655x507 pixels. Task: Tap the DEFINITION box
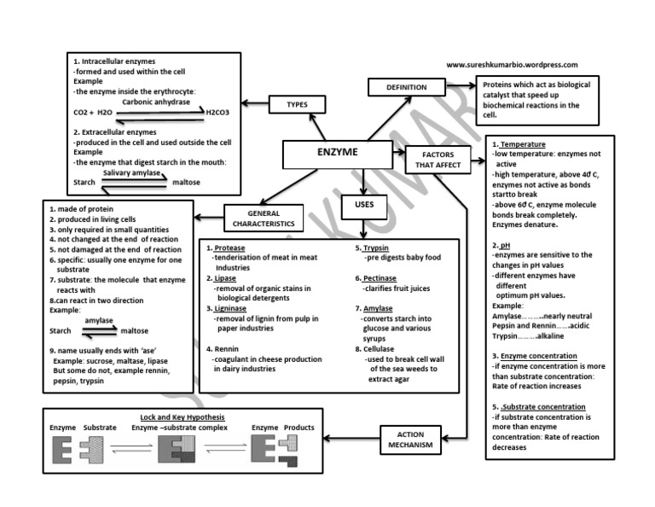tap(406, 87)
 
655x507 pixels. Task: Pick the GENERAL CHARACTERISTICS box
tap(264, 219)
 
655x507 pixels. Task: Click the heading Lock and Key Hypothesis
tap(182, 417)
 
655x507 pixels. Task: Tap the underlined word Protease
tap(230, 248)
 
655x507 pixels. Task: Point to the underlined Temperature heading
tap(524, 144)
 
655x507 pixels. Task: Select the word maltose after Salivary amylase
tap(186, 182)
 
